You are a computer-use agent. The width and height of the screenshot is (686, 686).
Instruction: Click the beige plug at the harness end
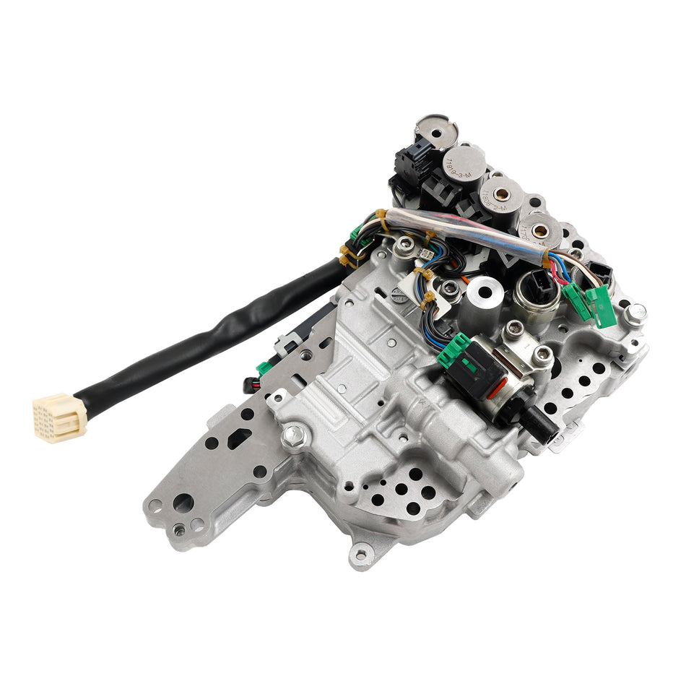(x=58, y=417)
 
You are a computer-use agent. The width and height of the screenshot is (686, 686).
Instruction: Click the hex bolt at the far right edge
(x=635, y=313)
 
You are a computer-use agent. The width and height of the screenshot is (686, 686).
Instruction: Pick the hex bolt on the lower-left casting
(x=293, y=435)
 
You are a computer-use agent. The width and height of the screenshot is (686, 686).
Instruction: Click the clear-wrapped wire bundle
(x=462, y=232)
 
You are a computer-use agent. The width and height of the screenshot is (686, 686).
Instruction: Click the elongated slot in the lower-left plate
(x=237, y=438)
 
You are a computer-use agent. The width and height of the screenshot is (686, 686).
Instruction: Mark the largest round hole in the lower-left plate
(x=183, y=502)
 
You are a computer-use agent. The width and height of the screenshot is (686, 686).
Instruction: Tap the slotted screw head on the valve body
(x=399, y=294)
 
